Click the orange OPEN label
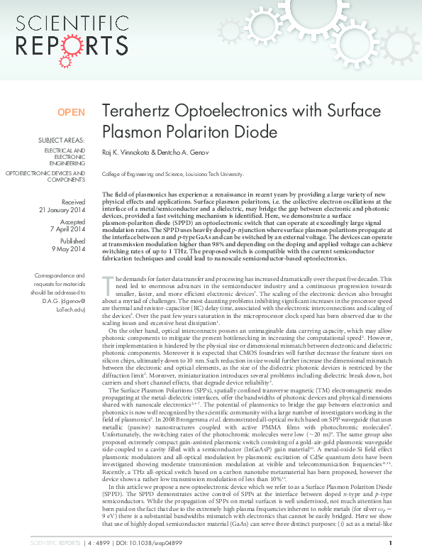[x=71, y=112]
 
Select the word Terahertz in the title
[x=135, y=111]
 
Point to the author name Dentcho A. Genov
[x=192, y=152]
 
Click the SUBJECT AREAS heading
[x=62, y=141]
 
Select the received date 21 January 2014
[x=62, y=210]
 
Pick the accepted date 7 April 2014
[x=67, y=229]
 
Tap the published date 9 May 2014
[x=69, y=248]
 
